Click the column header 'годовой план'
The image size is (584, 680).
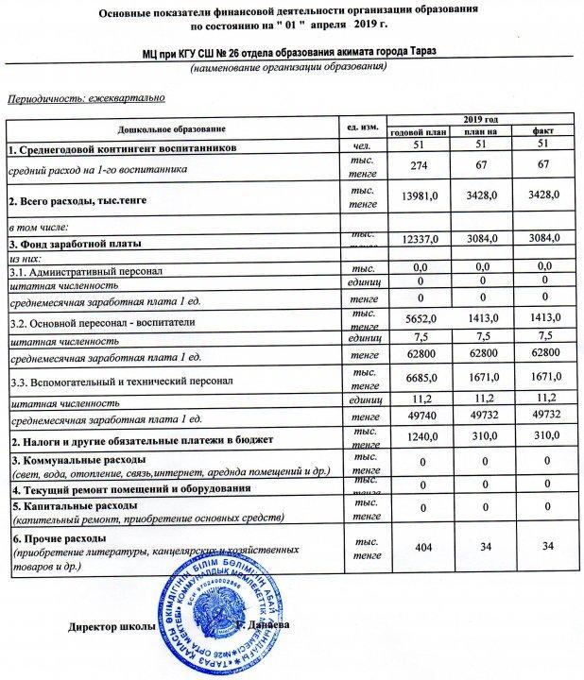(x=417, y=131)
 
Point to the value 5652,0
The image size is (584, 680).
(x=418, y=320)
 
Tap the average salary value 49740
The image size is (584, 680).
(x=417, y=414)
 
